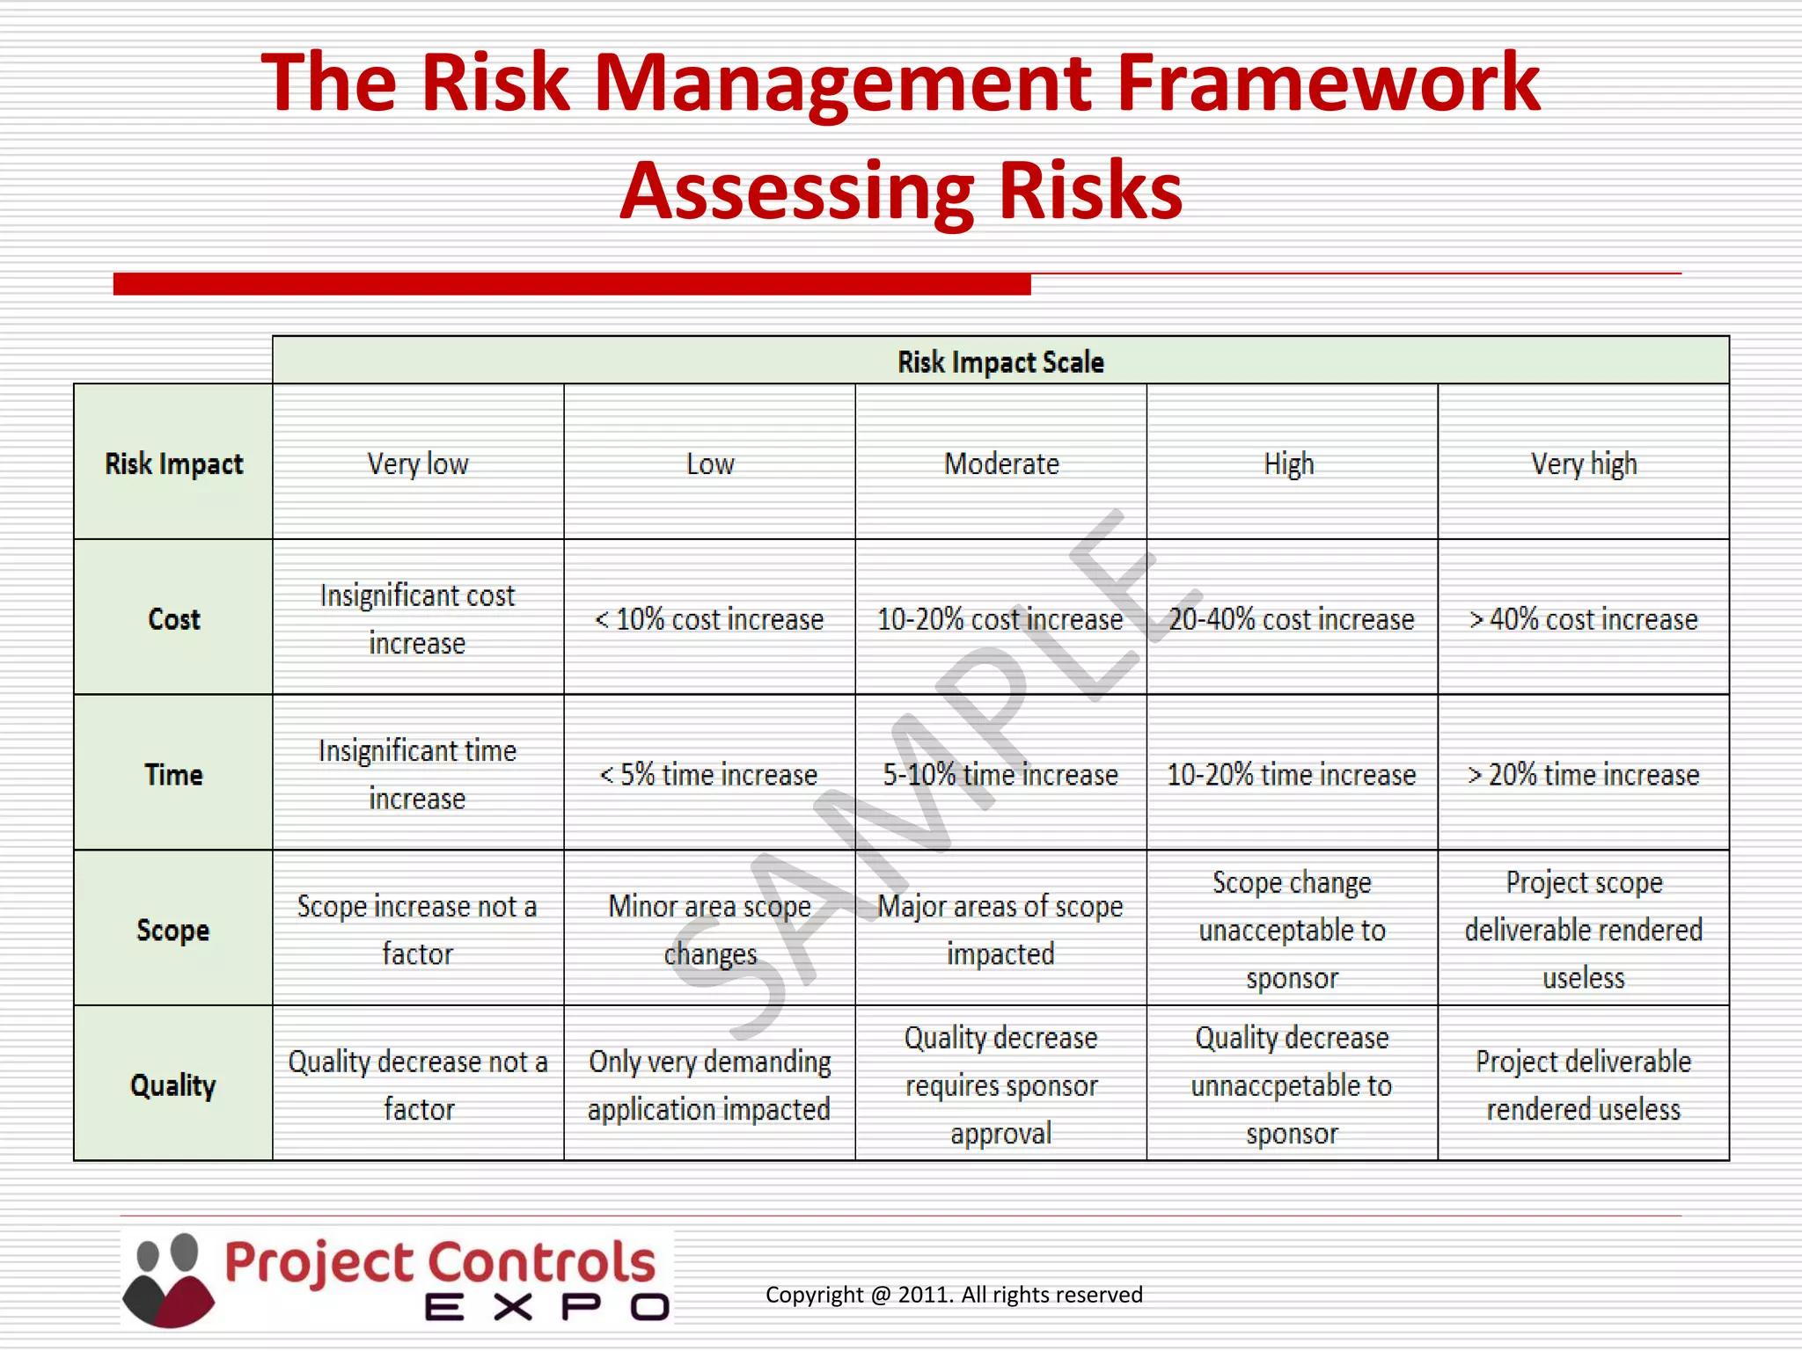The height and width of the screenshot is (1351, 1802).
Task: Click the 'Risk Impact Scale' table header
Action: (x=1000, y=361)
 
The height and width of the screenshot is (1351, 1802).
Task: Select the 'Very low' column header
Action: (x=418, y=464)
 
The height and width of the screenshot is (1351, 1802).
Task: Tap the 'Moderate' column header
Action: (x=1001, y=464)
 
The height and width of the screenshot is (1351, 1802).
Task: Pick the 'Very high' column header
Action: (x=1584, y=464)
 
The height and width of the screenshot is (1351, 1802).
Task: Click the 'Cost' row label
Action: (x=173, y=619)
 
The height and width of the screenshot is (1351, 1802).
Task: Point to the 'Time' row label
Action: (x=173, y=775)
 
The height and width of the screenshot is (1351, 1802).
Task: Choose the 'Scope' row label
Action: (x=173, y=930)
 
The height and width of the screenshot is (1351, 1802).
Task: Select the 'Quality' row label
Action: (x=173, y=1085)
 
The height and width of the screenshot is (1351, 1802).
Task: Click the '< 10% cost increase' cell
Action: (x=709, y=619)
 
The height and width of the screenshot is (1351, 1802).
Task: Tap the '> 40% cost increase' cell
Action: (x=1584, y=619)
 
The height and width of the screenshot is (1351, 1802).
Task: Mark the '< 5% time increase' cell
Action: (x=709, y=775)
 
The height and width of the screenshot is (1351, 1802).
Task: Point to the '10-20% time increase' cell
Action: (x=1292, y=775)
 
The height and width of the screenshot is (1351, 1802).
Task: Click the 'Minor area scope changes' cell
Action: (x=709, y=930)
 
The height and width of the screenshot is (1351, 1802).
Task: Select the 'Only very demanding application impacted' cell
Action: (x=709, y=1085)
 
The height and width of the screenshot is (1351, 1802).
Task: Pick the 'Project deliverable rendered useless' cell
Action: (x=1584, y=1085)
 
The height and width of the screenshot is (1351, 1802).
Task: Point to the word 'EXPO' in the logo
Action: (x=546, y=1307)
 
